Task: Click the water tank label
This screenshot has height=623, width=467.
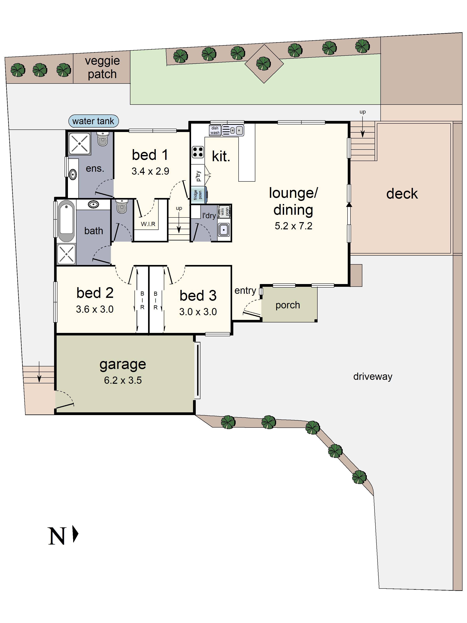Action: point(93,121)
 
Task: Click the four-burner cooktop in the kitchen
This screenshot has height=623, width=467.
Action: point(198,152)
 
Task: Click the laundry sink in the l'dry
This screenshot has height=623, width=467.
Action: point(224,230)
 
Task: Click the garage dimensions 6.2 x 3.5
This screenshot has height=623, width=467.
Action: point(123,380)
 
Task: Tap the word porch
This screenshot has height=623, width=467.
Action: point(288,305)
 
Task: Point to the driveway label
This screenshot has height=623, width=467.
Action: point(372,376)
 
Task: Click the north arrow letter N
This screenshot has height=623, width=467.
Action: point(57,536)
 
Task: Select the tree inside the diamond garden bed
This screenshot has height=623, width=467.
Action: point(263,63)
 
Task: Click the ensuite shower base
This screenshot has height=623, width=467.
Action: point(79,144)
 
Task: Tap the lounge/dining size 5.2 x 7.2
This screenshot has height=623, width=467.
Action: point(293,226)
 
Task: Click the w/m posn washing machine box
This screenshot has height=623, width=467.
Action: point(225,211)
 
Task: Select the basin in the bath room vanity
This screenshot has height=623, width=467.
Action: point(93,204)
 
